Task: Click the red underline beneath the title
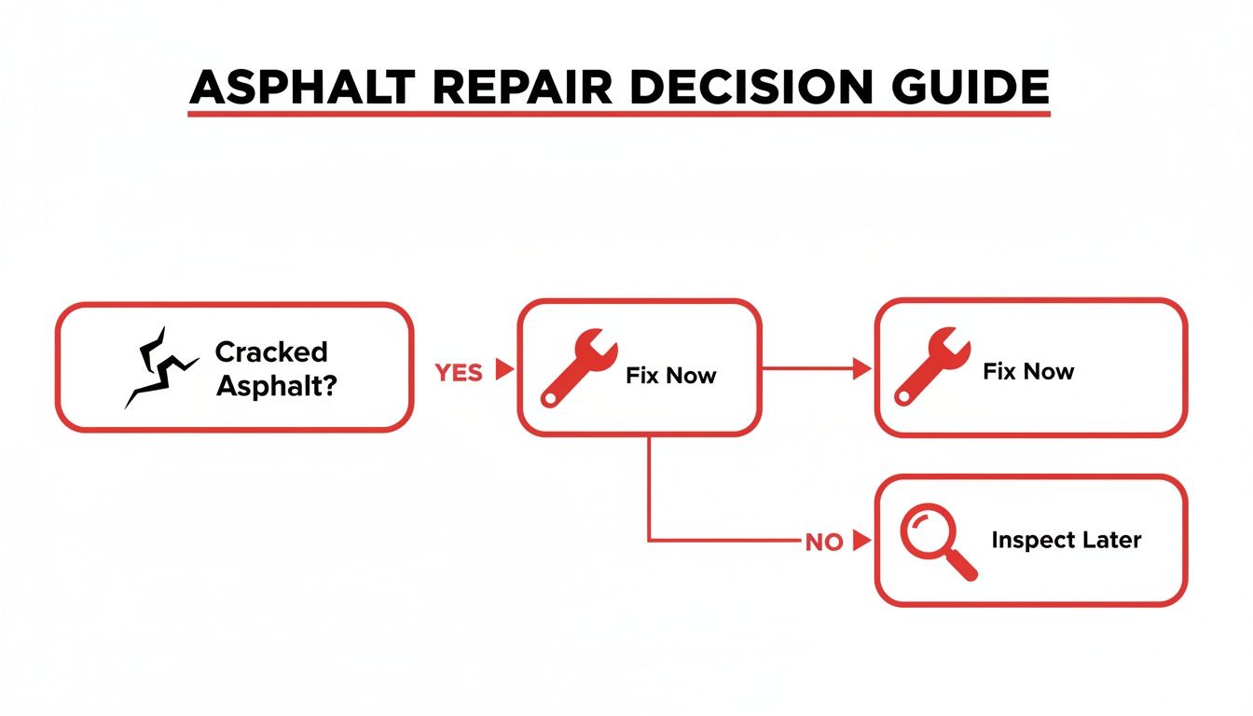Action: [x=619, y=114]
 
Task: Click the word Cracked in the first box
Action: [x=271, y=352]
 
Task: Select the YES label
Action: [x=459, y=372]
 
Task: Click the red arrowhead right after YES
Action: [x=504, y=370]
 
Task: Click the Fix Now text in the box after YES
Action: [x=671, y=376]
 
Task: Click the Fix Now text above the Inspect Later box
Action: [x=1028, y=371]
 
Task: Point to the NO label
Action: [x=823, y=542]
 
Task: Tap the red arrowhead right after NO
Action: [x=861, y=541]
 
